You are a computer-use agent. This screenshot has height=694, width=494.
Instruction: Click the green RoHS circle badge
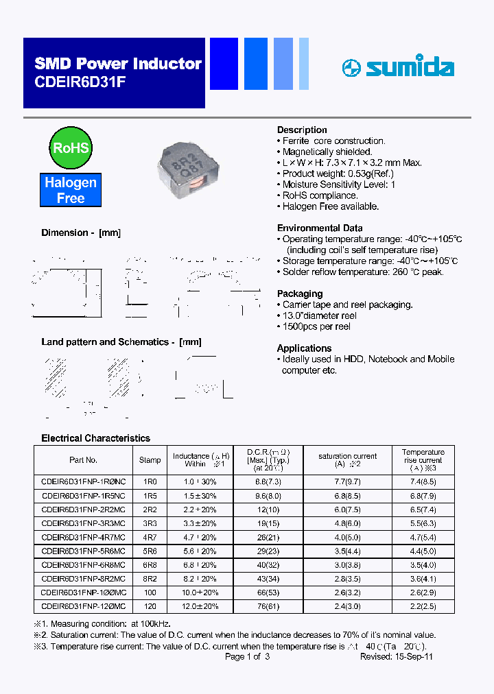coord(71,148)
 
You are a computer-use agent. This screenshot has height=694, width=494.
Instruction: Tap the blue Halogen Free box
coord(71,191)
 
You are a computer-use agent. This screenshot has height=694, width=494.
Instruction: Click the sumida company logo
coord(398,68)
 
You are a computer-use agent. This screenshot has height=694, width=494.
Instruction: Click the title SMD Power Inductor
coord(118,64)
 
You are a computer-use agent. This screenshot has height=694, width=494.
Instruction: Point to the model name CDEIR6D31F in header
coord(80,81)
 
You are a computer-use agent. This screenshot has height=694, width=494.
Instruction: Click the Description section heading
coord(302,130)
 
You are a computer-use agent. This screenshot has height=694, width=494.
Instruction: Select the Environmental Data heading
coord(320,228)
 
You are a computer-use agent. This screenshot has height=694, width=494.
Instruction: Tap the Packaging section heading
coord(300,294)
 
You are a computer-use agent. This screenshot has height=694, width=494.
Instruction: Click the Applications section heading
coord(304,348)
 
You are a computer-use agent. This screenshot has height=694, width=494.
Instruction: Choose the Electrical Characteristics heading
coord(95,438)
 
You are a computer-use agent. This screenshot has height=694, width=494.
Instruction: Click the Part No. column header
coord(83,460)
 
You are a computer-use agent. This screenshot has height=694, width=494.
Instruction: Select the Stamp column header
coord(150,460)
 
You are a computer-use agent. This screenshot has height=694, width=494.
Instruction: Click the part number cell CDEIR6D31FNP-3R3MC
coord(83,523)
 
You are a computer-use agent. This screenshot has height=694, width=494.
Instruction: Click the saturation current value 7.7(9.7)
coord(347,482)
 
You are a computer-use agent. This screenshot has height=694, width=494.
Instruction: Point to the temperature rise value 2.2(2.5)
coord(423,606)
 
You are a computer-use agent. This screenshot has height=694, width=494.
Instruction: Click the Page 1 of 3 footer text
coord(247,656)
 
